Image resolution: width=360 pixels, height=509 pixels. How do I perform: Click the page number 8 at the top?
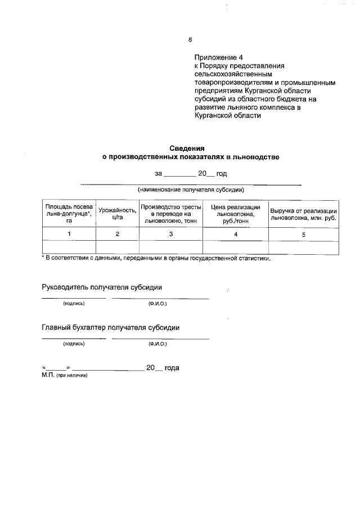(x=190, y=39)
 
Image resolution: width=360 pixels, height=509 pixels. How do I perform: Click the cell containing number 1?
(x=69, y=234)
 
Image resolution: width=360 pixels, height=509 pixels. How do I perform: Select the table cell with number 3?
(x=170, y=234)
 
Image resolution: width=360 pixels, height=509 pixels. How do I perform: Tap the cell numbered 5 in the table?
(x=304, y=235)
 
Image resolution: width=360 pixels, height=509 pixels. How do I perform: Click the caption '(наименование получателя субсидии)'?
(x=191, y=190)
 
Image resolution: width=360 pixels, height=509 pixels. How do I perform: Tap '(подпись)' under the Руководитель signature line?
(x=74, y=303)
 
